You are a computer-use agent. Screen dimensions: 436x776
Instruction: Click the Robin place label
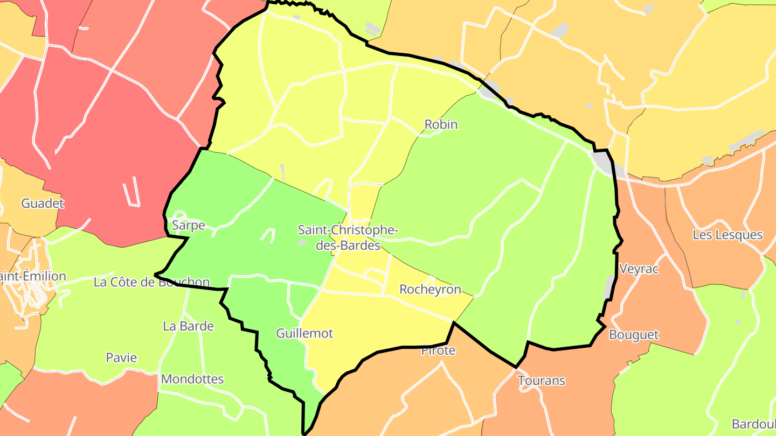(x=441, y=124)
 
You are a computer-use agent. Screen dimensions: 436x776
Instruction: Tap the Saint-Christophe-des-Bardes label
(x=348, y=237)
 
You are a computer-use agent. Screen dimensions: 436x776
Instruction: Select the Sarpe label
(x=188, y=225)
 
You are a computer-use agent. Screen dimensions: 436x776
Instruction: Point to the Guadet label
(x=43, y=203)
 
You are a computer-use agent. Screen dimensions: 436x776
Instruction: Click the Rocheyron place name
(x=430, y=290)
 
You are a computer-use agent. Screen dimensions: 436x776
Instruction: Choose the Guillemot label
(x=304, y=333)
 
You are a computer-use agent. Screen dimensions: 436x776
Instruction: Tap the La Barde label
(x=188, y=326)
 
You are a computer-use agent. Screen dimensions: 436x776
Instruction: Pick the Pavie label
(x=121, y=357)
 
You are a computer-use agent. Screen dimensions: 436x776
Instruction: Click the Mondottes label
(x=192, y=379)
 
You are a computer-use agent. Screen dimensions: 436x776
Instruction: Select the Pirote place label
(x=438, y=350)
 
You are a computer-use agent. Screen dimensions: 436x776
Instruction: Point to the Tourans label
(x=541, y=381)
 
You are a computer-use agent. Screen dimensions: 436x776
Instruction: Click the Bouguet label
(x=634, y=335)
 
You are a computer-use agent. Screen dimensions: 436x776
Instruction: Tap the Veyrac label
(x=639, y=269)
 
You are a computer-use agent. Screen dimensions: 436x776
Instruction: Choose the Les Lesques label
(x=727, y=235)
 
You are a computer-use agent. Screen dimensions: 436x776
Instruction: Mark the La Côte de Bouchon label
(x=151, y=282)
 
